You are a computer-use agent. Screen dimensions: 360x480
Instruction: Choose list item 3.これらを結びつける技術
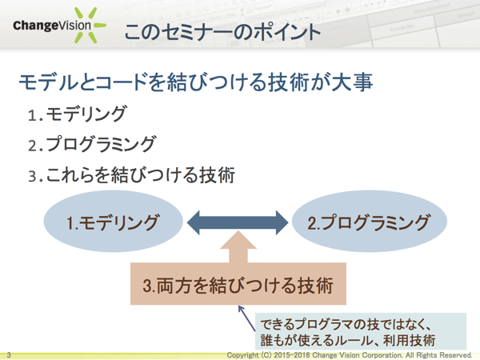click(x=131, y=174)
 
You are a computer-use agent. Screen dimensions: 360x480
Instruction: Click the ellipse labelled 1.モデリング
click(x=112, y=222)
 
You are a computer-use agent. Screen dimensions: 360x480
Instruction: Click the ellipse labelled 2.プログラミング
click(x=369, y=222)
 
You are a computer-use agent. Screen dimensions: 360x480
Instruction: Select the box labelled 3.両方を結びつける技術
click(x=238, y=283)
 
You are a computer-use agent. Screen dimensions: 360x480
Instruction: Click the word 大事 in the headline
click(x=354, y=84)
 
